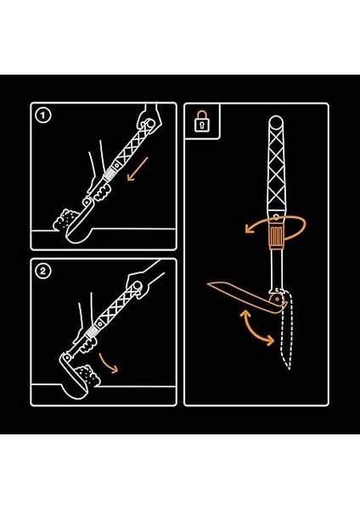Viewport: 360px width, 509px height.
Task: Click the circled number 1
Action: [x=43, y=115]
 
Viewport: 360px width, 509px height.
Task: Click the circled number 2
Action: [x=43, y=271]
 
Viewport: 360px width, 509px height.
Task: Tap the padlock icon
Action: [x=201, y=121]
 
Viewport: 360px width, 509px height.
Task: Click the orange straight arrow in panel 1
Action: [x=138, y=169]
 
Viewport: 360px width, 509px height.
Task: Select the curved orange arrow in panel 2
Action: [x=107, y=364]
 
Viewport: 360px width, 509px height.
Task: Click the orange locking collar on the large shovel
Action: [x=276, y=236]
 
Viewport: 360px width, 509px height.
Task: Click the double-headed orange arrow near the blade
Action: [x=255, y=328]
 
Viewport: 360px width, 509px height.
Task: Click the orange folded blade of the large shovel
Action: [x=247, y=296]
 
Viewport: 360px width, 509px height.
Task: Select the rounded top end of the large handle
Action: [x=276, y=122]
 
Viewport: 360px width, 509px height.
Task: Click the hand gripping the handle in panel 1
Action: [x=149, y=120]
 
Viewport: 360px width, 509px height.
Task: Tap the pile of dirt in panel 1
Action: [x=65, y=220]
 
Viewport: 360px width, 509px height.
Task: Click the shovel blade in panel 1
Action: [x=79, y=227]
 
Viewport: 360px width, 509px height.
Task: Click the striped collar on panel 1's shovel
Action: [x=109, y=177]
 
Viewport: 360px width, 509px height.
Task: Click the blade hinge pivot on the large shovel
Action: [x=277, y=299]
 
